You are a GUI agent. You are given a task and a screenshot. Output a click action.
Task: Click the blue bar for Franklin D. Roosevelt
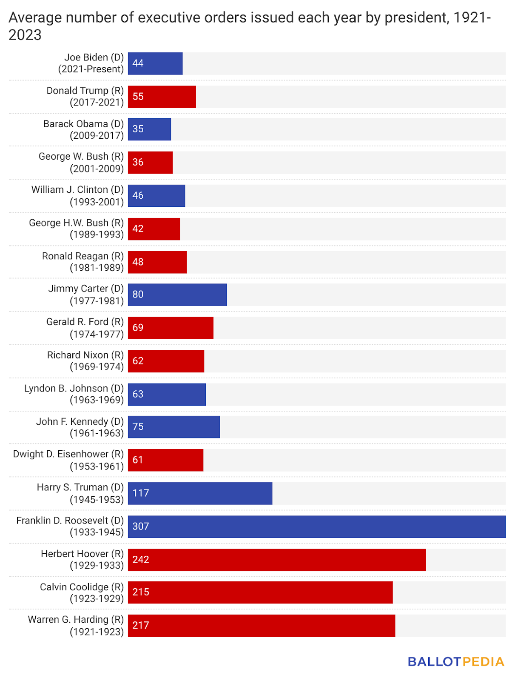coord(317,526)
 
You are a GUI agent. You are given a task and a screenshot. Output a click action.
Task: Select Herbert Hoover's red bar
coord(277,560)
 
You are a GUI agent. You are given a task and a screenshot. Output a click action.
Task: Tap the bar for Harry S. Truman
coord(200,493)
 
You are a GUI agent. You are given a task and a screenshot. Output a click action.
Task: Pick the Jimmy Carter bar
coord(177,295)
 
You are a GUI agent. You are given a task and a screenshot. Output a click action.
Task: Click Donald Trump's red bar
coord(162,97)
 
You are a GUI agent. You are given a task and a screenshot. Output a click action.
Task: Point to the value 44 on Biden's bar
coord(138,63)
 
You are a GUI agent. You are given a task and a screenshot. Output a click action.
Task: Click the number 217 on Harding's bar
coord(141,625)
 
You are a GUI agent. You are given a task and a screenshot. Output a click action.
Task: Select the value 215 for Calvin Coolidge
coord(141,592)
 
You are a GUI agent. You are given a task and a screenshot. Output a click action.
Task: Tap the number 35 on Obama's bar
coord(138,129)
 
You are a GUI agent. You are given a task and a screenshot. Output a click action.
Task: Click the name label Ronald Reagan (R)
coord(83,256)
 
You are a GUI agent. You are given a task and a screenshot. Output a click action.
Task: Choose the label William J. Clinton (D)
coord(77,190)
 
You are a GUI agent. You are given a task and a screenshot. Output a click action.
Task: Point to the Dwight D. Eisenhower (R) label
coord(68,454)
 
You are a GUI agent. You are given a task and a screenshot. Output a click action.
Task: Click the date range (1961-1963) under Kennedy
coord(97,433)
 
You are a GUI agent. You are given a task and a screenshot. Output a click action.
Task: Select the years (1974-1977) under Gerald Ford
coord(97,334)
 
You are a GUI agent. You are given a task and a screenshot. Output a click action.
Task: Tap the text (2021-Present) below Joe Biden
coord(91,69)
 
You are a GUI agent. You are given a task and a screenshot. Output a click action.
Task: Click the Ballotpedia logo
coord(456,661)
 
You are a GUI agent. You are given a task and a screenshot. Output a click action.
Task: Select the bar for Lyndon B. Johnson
coord(167,394)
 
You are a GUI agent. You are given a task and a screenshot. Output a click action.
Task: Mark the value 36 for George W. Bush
coord(138,162)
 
